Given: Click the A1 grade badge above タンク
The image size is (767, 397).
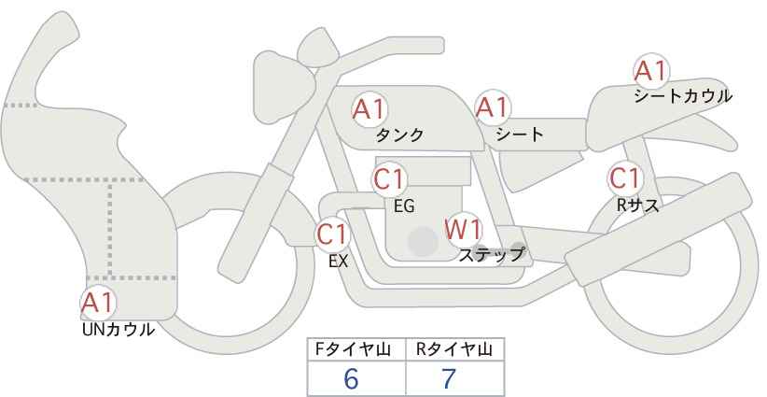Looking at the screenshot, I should click(x=370, y=108).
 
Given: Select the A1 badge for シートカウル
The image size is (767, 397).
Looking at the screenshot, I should click(x=650, y=71).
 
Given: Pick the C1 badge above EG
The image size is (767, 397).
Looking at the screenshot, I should click(x=389, y=178).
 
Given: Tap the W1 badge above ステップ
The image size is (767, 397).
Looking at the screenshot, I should click(x=462, y=228).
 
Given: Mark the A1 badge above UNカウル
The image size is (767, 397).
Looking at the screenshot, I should click(x=98, y=303).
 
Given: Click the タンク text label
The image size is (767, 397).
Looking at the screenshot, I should click(x=399, y=135).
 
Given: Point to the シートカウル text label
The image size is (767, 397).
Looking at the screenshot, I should click(x=683, y=95).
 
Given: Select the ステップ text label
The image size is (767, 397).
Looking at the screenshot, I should click(x=491, y=253).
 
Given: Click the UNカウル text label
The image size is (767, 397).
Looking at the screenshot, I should click(x=119, y=329).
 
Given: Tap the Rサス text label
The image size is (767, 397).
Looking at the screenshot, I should click(x=638, y=206).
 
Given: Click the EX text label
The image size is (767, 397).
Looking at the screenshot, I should click(x=338, y=262).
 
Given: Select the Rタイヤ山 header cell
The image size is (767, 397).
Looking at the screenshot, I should click(x=454, y=349).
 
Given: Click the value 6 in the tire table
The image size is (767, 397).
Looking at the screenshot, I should click(x=352, y=378).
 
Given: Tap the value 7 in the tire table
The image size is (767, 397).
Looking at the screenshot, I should click(x=450, y=378).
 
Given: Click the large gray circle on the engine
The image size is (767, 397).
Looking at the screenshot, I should click(x=423, y=241).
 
